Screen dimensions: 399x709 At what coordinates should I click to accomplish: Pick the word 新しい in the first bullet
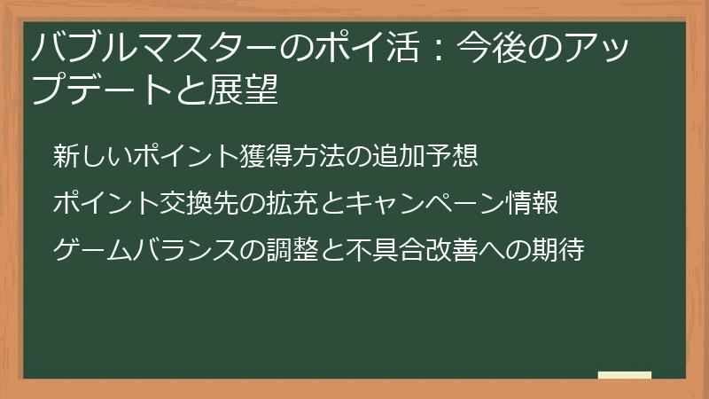(90, 157)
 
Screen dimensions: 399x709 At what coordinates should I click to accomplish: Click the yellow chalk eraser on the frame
(625, 375)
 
